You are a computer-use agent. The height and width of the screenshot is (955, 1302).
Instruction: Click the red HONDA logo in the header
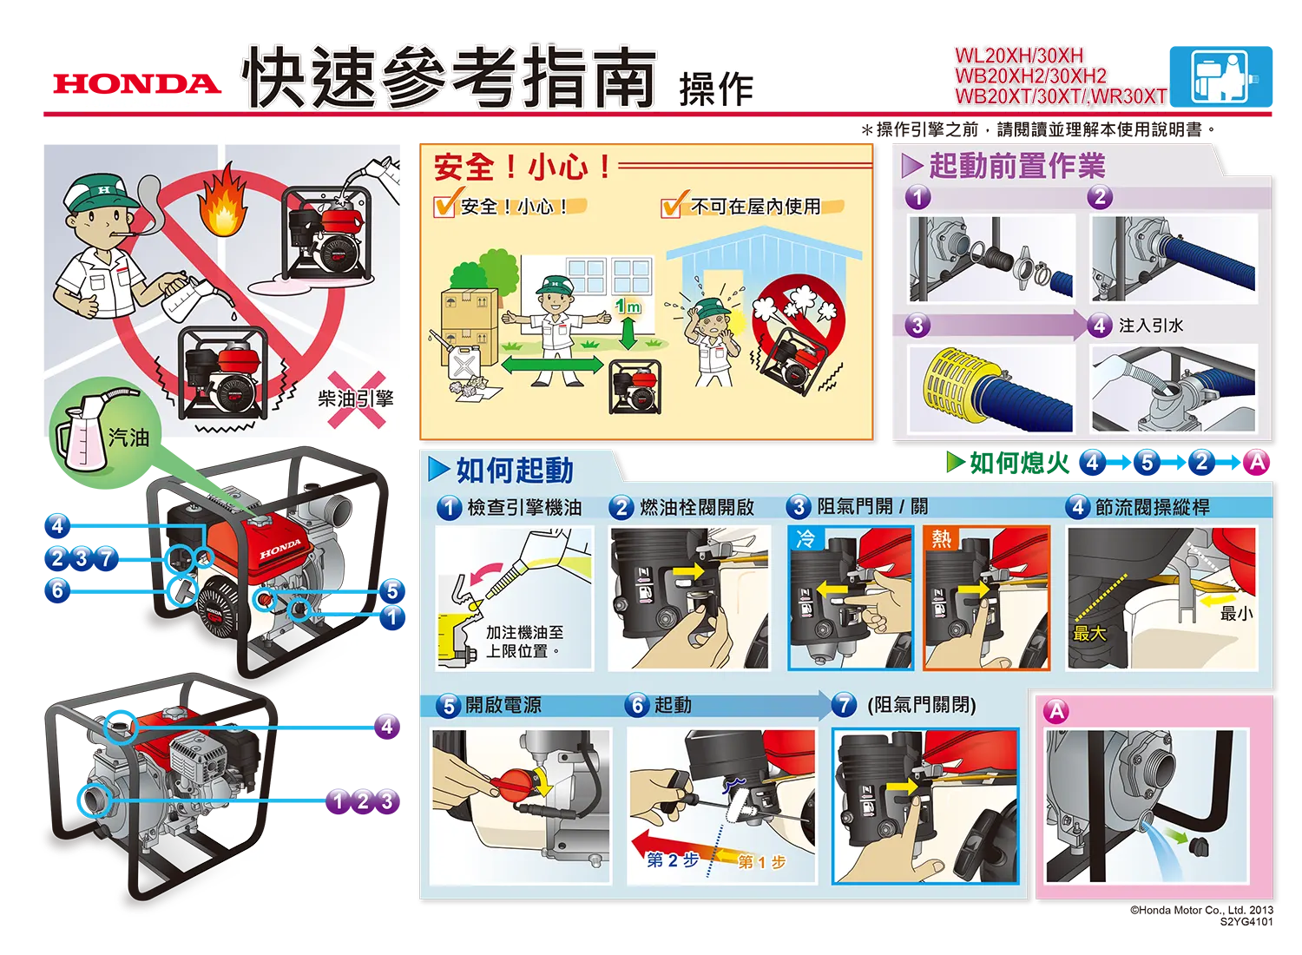tap(137, 83)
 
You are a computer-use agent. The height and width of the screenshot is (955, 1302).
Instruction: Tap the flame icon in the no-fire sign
tap(222, 201)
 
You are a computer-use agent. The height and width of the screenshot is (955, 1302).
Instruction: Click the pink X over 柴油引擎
tap(356, 399)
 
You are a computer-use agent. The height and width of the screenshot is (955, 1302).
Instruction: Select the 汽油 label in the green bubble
tap(129, 438)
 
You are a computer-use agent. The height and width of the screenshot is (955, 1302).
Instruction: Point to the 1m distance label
tap(628, 306)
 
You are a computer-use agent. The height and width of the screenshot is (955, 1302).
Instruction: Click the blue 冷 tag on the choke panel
tap(805, 539)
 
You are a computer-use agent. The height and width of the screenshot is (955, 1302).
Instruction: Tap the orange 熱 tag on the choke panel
tap(941, 539)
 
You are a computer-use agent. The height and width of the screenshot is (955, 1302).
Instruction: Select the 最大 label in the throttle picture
tap(1089, 633)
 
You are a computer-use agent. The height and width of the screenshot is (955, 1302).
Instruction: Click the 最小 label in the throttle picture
tap(1236, 613)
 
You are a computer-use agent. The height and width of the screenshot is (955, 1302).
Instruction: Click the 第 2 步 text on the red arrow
tap(673, 859)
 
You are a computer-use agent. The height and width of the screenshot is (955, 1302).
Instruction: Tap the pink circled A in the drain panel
tap(1056, 710)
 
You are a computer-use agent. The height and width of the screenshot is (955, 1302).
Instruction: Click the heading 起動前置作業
tap(1017, 166)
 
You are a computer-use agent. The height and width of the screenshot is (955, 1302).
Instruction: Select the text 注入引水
tap(1151, 325)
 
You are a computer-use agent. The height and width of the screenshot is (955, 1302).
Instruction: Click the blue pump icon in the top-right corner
tap(1220, 76)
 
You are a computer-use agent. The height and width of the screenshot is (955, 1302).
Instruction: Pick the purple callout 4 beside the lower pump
tap(387, 726)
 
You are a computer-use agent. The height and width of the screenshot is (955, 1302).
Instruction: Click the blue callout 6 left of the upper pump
tap(57, 590)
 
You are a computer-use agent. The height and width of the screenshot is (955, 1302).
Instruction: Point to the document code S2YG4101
tap(1246, 921)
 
